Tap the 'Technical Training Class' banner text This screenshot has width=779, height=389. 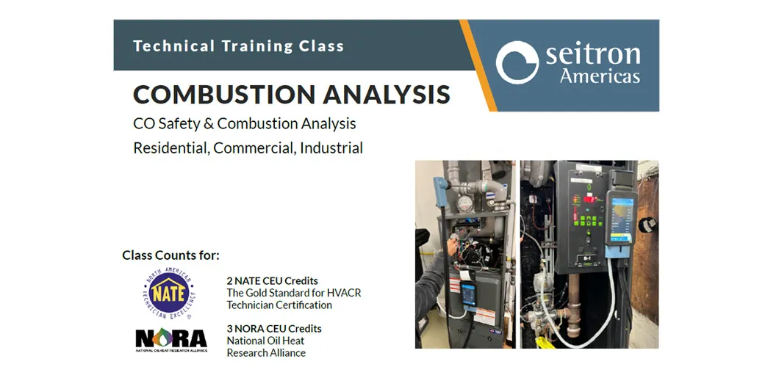(238, 46)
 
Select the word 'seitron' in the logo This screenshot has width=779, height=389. (592, 54)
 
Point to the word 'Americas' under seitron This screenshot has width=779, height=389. (600, 76)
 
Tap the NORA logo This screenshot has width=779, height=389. (171, 338)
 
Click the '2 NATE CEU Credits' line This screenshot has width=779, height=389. (272, 280)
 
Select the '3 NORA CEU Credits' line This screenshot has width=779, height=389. (273, 328)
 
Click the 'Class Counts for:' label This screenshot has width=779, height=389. (170, 255)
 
